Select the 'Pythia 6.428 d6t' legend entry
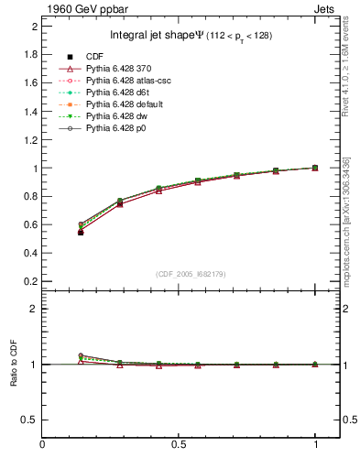click(x=123, y=93)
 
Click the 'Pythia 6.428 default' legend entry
click(x=129, y=104)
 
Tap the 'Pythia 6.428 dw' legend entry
click(x=123, y=115)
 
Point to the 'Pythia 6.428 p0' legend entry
click(x=122, y=127)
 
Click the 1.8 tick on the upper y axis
click(x=30, y=54)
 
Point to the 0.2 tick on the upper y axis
click(x=30, y=280)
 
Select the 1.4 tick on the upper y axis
click(x=30, y=111)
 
